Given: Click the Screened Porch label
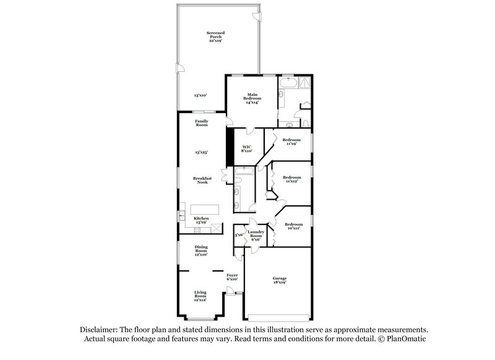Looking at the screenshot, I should tap(216, 36).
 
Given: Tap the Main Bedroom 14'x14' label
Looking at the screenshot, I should tap(251, 98).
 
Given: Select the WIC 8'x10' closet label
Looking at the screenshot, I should tap(246, 148).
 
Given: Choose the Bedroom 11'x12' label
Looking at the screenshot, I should tap(291, 179).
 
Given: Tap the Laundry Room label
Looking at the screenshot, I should tap(256, 235).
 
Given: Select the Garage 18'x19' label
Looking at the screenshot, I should tap(280, 280).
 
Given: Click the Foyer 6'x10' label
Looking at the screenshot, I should tap(232, 277).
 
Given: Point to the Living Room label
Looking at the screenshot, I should tap(201, 295).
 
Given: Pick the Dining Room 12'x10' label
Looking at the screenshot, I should tap(201, 251).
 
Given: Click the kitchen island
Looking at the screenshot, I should tap(205, 209).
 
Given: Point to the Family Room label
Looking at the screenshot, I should tap(202, 123).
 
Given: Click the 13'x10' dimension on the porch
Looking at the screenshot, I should tap(200, 95).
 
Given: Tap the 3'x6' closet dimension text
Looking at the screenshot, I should tap(238, 235).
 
